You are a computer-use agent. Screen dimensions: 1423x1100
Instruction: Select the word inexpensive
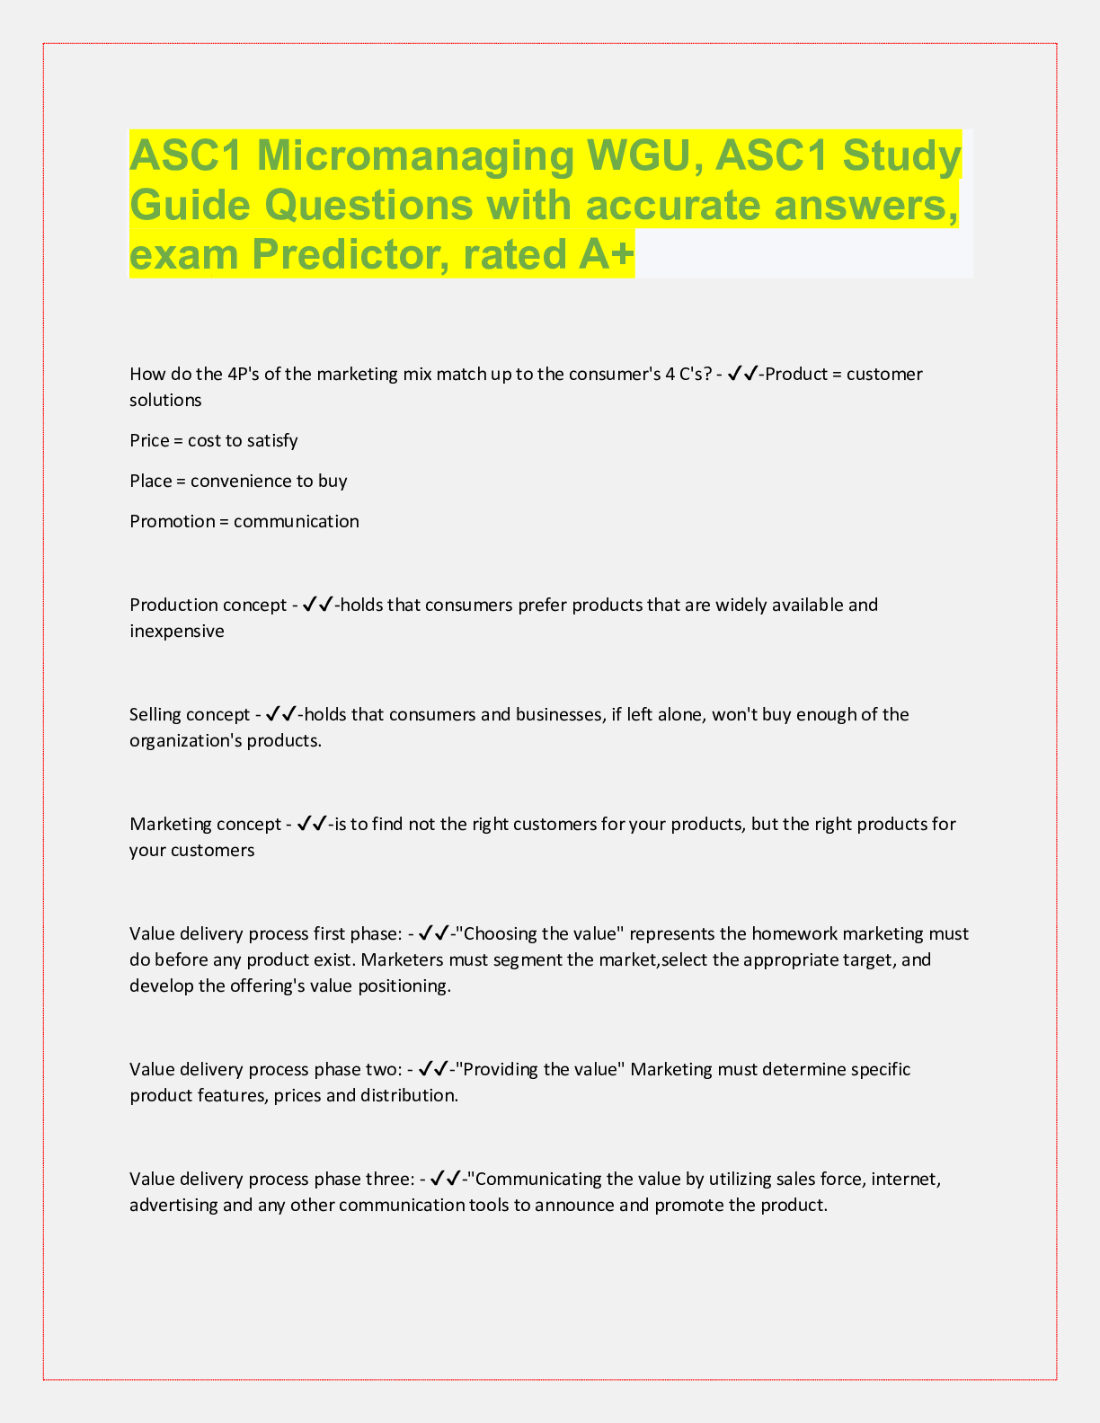[177, 631]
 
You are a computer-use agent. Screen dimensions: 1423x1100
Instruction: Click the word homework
[793, 933]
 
